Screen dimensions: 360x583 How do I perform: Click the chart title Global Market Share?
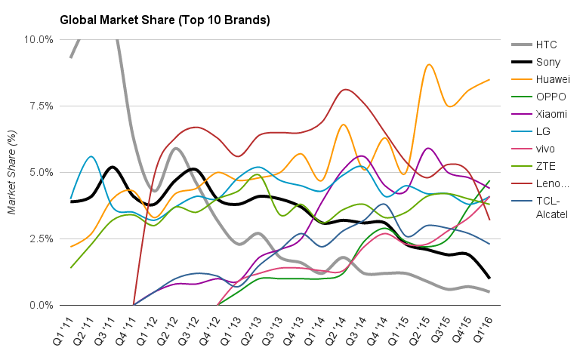tap(164, 20)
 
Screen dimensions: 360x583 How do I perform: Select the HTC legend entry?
tap(546, 45)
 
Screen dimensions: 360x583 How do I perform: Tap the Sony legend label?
tap(548, 62)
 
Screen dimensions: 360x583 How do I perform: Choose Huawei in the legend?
tap(552, 79)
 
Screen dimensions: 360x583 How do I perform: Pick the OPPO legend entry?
tap(551, 97)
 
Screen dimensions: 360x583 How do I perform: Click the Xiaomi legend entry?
tap(551, 114)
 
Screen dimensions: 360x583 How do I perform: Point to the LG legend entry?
tap(542, 131)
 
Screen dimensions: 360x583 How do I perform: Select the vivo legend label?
tap(546, 149)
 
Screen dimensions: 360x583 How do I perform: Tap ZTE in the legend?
tap(545, 166)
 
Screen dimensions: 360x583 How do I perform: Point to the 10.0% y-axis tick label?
tap(39, 39)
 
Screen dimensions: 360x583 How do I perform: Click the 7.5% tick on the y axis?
tap(42, 106)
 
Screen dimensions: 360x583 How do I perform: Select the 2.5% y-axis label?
tap(42, 239)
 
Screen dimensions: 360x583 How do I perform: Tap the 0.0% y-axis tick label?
tap(42, 306)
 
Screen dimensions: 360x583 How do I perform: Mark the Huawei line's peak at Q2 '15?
tap(429, 65)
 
